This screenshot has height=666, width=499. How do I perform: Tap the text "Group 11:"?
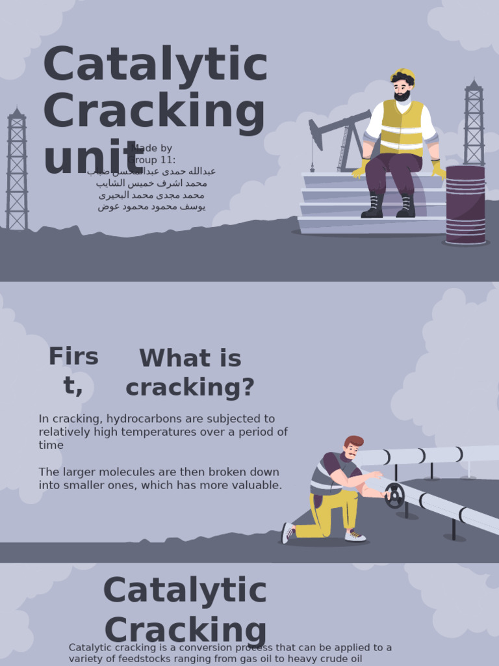[x=151, y=159]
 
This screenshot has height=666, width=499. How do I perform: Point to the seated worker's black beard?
[x=402, y=96]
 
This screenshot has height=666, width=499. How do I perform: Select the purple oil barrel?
[x=465, y=204]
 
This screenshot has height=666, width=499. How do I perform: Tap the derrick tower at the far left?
[x=17, y=169]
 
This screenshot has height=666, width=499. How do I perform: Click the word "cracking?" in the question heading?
[x=190, y=388]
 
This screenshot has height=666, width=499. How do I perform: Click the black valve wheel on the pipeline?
[x=394, y=496]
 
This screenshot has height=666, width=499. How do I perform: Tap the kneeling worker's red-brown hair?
[x=353, y=442]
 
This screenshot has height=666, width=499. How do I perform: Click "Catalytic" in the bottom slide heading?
[x=185, y=591]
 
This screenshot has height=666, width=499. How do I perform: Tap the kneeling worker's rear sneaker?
[x=287, y=533]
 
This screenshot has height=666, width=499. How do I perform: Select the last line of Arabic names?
[x=151, y=207]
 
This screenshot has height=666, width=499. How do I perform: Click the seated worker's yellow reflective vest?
[x=401, y=128]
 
